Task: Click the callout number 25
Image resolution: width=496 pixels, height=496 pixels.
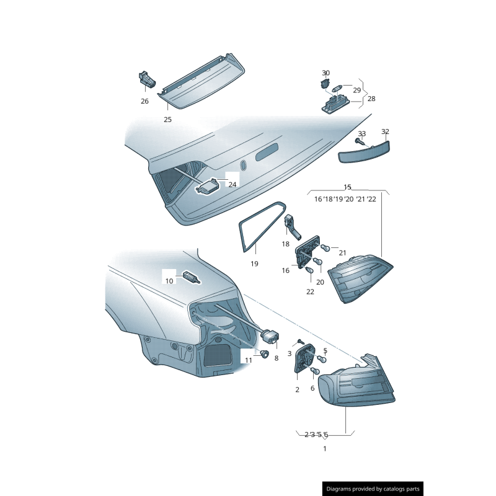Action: tap(167, 120)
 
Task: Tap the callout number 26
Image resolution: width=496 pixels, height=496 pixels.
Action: tap(144, 101)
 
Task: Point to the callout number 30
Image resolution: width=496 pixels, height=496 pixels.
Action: tap(326, 73)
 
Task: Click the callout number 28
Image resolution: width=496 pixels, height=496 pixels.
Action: tap(371, 99)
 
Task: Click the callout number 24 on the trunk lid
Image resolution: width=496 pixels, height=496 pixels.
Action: tap(232, 184)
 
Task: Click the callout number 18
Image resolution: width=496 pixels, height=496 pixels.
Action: tap(285, 244)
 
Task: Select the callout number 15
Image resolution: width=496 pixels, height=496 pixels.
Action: tap(347, 187)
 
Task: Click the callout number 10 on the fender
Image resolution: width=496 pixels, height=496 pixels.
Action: tap(169, 281)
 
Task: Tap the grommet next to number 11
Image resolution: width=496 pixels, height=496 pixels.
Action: tap(264, 355)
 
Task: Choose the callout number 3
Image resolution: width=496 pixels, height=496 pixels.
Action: tap(289, 353)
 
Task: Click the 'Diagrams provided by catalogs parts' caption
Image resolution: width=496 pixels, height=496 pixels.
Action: tap(373, 489)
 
